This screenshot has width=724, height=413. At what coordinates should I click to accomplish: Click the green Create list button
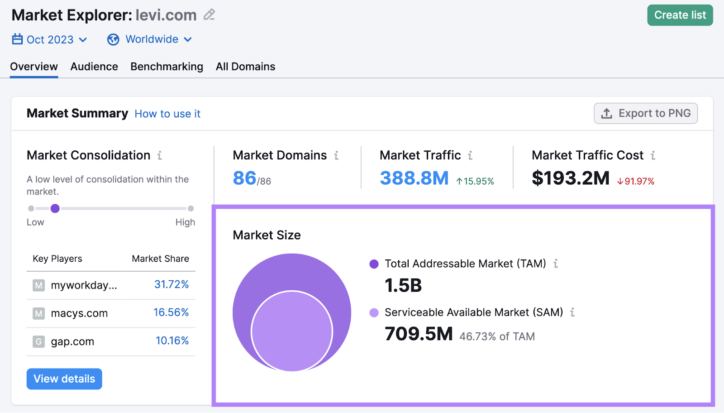680,15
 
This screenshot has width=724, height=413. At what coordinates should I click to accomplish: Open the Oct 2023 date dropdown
49,40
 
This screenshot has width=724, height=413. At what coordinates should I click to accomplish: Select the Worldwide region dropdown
150,40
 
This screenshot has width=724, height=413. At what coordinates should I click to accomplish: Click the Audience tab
94,67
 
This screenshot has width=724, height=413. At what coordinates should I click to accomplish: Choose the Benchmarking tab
167,67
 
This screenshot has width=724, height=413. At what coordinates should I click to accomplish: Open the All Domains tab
245,67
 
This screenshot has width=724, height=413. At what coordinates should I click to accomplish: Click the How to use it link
167,114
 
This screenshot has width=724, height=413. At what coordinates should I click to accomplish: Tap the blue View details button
64,379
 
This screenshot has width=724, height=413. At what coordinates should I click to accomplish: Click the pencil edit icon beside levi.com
209,15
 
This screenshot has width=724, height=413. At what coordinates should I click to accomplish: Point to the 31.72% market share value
171,284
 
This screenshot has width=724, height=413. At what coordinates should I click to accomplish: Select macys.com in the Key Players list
79,313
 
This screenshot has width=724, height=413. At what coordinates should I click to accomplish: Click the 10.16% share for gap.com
172,341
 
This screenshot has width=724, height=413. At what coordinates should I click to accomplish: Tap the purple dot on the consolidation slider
55,208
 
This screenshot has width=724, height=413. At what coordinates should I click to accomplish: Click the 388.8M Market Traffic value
414,178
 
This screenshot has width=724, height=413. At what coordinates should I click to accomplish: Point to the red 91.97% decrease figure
636,182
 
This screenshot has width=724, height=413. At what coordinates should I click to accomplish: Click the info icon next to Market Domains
336,156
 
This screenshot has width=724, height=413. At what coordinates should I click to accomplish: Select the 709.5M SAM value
419,334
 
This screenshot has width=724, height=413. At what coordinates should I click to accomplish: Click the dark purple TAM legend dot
374,264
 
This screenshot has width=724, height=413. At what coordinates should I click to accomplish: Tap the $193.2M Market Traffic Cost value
571,178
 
